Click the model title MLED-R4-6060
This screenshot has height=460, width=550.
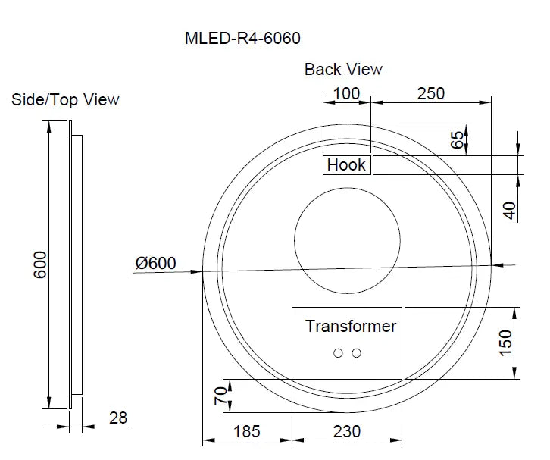click(248, 39)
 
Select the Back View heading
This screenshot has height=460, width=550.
click(343, 69)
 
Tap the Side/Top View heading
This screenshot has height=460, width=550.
click(65, 99)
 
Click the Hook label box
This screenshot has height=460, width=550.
click(346, 164)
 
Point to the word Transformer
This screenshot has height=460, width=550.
click(351, 327)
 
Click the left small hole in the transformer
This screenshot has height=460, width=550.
click(339, 352)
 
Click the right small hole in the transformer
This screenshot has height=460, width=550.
click(356, 352)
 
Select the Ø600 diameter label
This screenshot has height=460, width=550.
click(155, 263)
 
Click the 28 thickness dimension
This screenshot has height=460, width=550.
click(118, 418)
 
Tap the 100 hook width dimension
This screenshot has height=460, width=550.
click(346, 94)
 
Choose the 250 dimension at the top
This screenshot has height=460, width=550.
click(430, 94)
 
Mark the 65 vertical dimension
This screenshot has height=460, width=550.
click(457, 140)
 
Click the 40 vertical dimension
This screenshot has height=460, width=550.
click(510, 210)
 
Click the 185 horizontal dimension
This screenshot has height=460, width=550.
click(246, 431)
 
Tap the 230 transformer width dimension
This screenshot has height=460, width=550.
click(346, 431)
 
